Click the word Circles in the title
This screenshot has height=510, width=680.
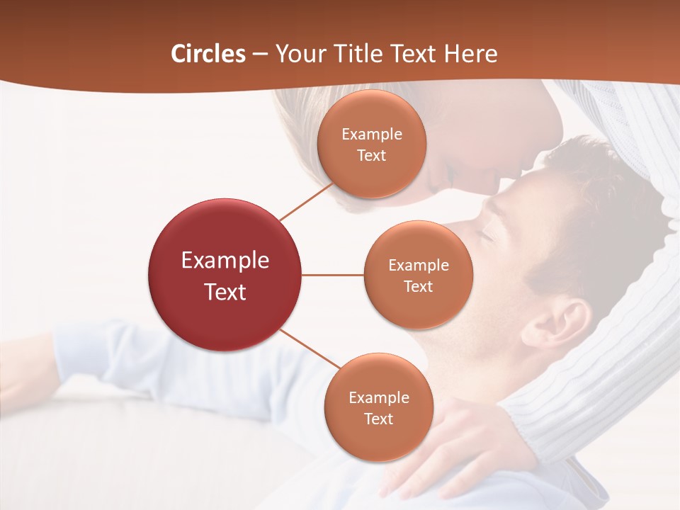coord(208,54)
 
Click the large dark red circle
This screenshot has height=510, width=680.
coord(225,275)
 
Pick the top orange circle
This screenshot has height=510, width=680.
coord(372,144)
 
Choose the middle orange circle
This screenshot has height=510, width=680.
coord(418,275)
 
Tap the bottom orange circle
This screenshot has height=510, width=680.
coord(378,407)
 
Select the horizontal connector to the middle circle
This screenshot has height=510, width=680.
coord(332,275)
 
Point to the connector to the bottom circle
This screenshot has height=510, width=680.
coord(310,348)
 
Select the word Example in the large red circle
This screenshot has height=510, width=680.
coord(225,261)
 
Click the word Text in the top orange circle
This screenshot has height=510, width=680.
coord(372,155)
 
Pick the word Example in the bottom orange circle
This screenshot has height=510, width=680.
coord(378,397)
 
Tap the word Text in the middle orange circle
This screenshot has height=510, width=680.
coord(418,286)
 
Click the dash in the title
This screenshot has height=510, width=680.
coord(259,55)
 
